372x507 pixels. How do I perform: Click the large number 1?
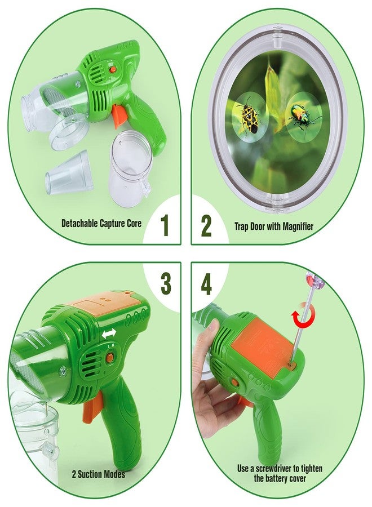[165, 225]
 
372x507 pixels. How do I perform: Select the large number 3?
[166, 283]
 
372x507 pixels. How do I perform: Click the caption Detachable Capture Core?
[101, 223]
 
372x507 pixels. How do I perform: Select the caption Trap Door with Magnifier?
[274, 226]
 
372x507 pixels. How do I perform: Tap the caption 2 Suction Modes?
[99, 474]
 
